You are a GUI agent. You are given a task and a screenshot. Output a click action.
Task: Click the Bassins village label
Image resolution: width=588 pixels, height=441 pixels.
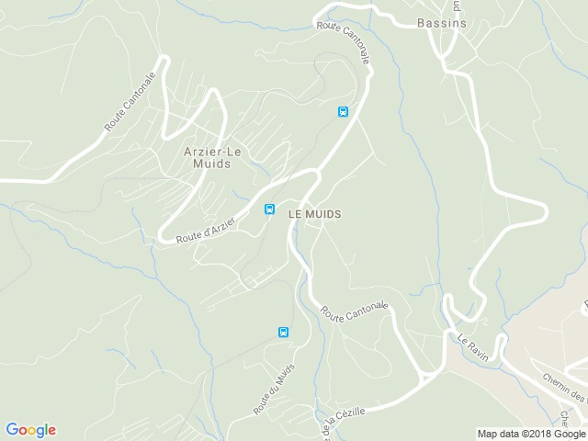(x=441, y=23)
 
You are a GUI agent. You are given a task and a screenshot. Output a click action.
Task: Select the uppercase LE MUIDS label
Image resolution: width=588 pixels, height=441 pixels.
(x=315, y=213)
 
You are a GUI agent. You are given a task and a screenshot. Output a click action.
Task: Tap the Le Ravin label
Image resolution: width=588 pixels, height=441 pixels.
(x=472, y=348)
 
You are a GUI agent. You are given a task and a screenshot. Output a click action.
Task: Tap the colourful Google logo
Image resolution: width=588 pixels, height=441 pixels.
(x=30, y=430)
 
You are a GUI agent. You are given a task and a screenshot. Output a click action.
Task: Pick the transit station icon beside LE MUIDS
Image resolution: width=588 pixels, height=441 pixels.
(x=269, y=209)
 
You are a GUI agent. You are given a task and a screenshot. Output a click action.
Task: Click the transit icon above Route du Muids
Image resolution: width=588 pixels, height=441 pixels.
(x=282, y=332)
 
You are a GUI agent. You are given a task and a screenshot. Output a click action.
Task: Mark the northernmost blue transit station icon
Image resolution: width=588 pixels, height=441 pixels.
(x=343, y=112)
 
